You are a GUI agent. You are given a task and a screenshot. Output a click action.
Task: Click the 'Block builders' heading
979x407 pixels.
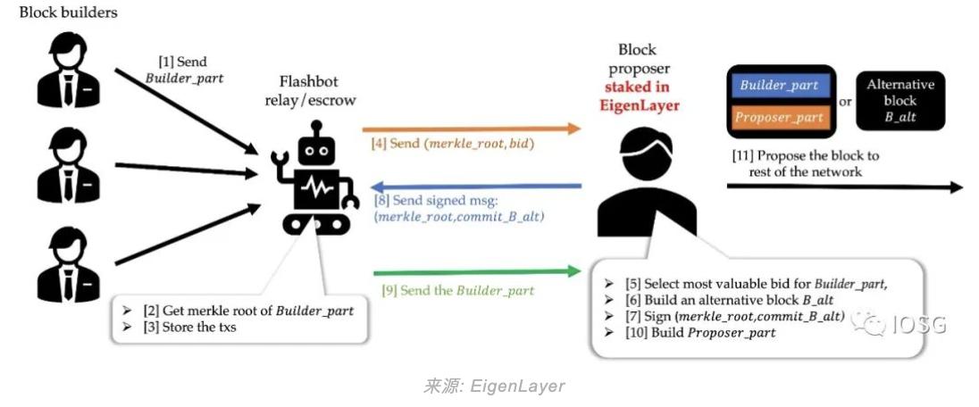pos(69,12)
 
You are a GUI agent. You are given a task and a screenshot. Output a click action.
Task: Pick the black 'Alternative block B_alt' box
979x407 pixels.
pos(900,100)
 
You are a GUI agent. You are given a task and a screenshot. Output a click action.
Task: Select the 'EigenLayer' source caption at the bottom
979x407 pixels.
pos(494,386)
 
